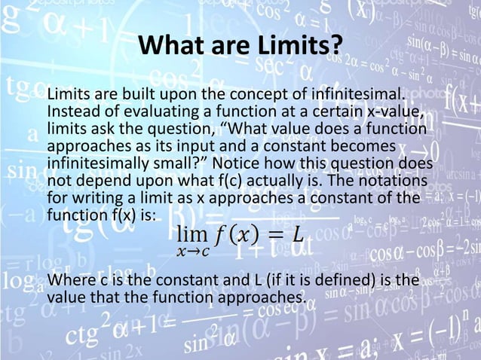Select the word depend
(100, 181)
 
